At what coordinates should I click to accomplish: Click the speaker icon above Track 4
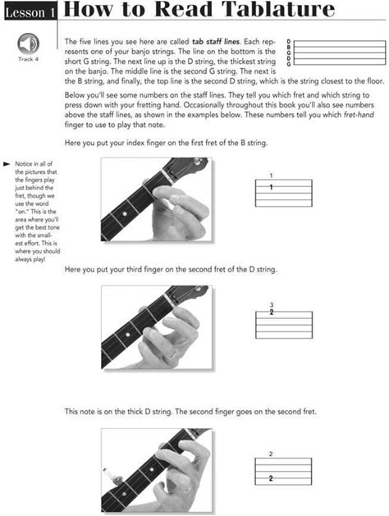coord(28,44)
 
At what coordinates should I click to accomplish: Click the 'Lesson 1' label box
coord(30,12)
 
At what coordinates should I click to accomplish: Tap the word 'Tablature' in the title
coord(278,9)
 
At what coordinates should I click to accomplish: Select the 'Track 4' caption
coord(28,59)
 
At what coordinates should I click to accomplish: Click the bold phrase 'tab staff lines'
coord(216,42)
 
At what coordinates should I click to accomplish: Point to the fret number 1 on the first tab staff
coord(271,187)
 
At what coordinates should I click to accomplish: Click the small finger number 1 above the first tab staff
coord(271,176)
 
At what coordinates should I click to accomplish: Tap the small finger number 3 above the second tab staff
coord(272,305)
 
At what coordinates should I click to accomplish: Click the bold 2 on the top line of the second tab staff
coord(272,312)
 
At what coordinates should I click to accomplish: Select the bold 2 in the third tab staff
coord(271,478)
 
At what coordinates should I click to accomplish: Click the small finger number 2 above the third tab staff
coord(271,454)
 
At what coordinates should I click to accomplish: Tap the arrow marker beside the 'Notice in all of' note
coord(7,164)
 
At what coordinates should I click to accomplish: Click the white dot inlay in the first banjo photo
coord(125,214)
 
